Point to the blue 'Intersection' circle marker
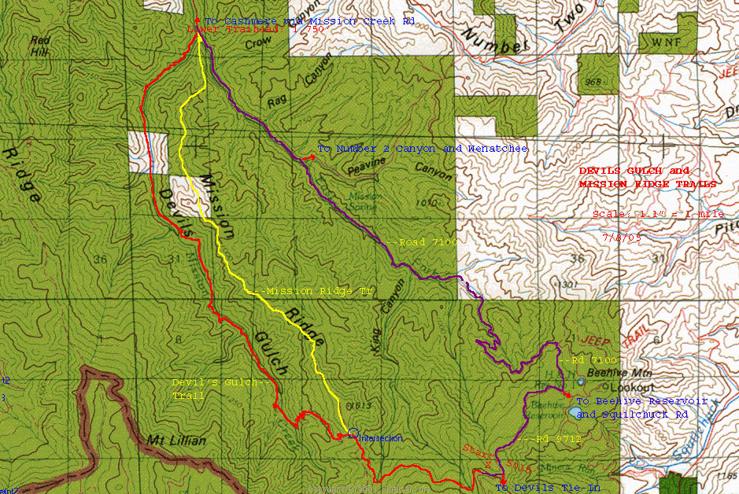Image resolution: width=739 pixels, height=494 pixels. click(353, 433)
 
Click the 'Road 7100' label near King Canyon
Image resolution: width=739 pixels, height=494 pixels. click(423, 242)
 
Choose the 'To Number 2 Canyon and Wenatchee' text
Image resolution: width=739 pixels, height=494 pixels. click(422, 149)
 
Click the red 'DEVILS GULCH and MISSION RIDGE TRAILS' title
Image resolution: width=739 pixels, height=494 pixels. click(647, 177)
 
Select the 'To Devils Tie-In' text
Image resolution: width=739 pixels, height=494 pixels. click(547, 488)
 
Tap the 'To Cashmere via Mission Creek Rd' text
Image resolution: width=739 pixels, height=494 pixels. click(309, 21)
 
